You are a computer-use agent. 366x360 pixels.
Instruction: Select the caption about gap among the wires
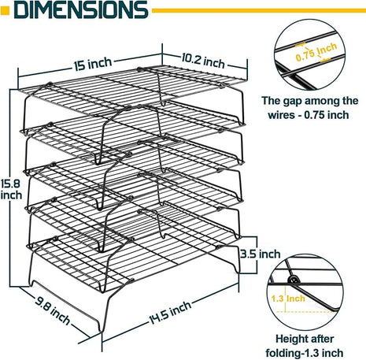click(310, 108)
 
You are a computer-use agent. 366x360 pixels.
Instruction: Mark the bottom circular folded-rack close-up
click(309, 291)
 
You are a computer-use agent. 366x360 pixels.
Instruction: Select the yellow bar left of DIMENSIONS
click(6, 10)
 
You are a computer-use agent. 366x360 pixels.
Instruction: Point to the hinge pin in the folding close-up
click(294, 281)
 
